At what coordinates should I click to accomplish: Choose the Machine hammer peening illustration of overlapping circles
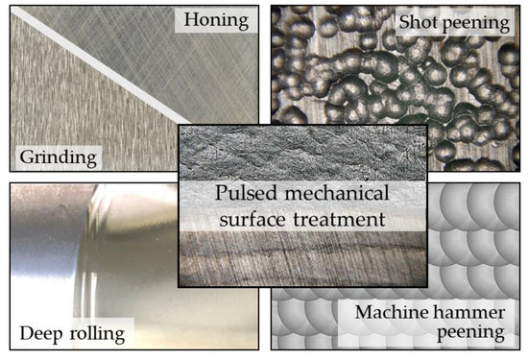tap(470, 230)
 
